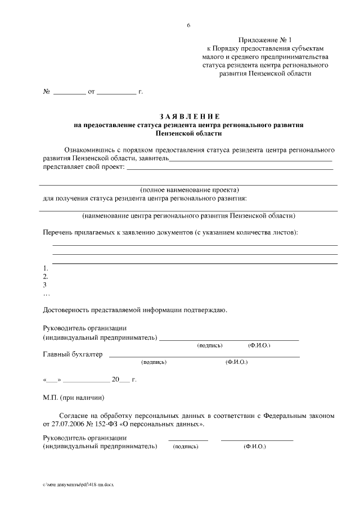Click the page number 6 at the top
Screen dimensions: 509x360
tap(189, 25)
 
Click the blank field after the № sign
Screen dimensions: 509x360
tap(69, 91)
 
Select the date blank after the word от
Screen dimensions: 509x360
tap(116, 91)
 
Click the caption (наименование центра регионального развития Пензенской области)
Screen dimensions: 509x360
tap(189, 215)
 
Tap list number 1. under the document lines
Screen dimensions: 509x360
tap(46, 268)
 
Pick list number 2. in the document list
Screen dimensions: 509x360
tap(46, 277)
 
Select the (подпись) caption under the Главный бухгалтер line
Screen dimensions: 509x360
tap(154, 363)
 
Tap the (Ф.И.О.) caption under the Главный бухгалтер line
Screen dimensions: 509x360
tap(236, 363)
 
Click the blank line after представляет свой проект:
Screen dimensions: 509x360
tap(229, 168)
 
